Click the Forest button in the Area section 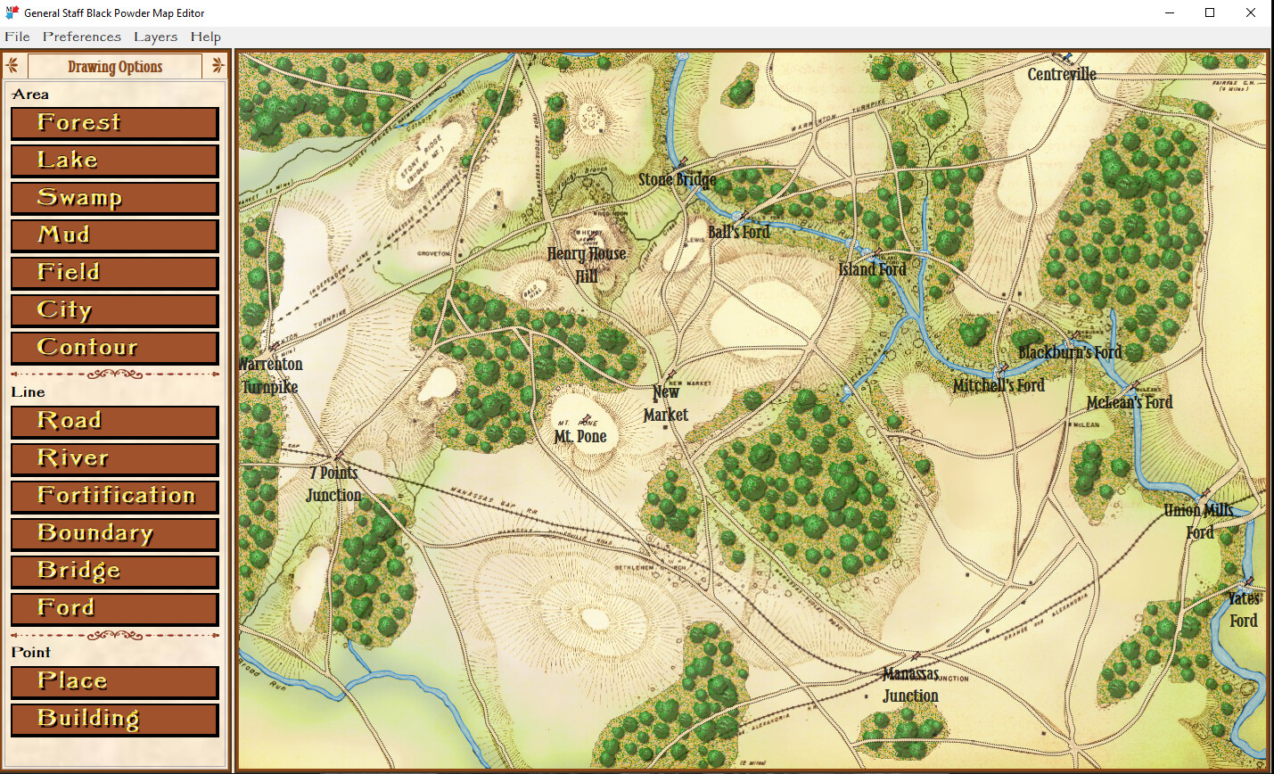tap(114, 123)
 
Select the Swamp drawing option tap(114, 198)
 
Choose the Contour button tap(114, 348)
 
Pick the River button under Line tap(114, 459)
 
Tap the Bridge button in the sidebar tap(114, 572)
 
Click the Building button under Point tap(114, 720)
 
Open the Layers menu tap(155, 37)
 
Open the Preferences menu tap(82, 37)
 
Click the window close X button tap(1251, 12)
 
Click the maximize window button tap(1210, 12)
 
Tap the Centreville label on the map tap(1061, 75)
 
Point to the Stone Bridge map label tap(677, 180)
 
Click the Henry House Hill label tap(587, 265)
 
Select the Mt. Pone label tap(580, 437)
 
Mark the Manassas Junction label tap(910, 685)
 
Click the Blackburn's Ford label tap(1070, 353)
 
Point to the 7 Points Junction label tap(333, 484)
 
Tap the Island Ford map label tap(872, 269)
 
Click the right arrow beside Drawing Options tap(218, 66)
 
